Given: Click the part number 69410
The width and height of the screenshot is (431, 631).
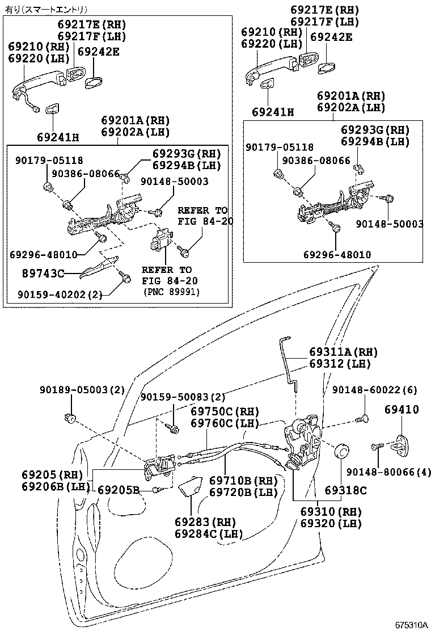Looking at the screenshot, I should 402,409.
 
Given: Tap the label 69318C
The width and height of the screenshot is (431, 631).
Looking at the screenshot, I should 346,490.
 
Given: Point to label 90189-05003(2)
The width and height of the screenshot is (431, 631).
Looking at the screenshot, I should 82,390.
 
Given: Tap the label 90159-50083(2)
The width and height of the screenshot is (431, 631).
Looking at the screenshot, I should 183,398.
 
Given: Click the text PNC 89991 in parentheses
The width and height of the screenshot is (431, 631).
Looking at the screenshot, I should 173,292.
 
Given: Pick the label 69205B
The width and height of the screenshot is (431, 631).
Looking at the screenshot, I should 119,490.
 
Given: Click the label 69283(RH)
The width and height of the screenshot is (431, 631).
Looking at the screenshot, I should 205,521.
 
